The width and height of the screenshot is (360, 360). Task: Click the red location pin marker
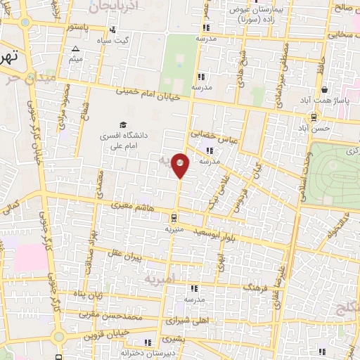point(181,165)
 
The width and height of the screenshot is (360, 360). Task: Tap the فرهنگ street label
point(255,287)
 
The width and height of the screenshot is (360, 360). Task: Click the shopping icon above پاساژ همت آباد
point(323,89)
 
